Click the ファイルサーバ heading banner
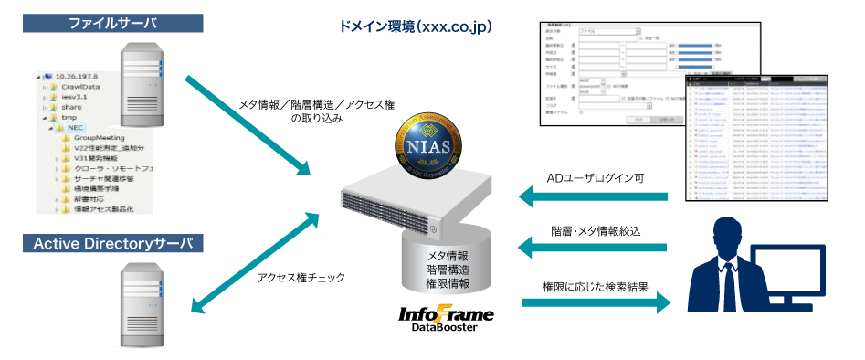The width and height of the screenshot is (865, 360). pyautogui.click(x=111, y=19)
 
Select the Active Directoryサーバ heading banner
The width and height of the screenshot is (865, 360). pyautogui.click(x=111, y=244)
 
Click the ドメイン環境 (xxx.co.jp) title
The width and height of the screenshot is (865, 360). pyautogui.click(x=416, y=27)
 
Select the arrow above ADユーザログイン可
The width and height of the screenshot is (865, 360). pyautogui.click(x=594, y=196)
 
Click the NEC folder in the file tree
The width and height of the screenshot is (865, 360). pyautogui.click(x=74, y=128)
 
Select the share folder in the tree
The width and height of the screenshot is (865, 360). pyautogui.click(x=71, y=107)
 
